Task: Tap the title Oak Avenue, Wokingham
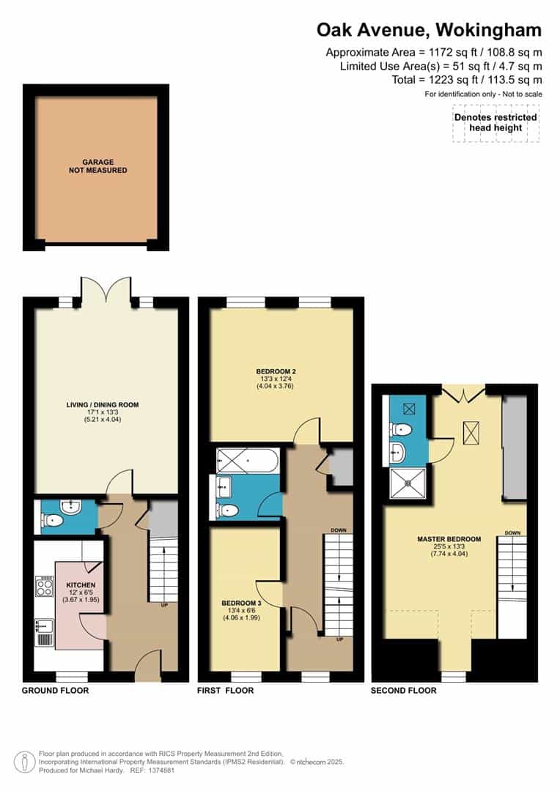[x=429, y=30]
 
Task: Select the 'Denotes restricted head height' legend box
[x=495, y=122]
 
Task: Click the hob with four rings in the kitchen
[x=44, y=587]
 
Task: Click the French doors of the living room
[x=107, y=289]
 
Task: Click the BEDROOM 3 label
[x=241, y=604]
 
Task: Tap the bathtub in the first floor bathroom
[x=247, y=461]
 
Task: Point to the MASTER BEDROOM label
[x=449, y=540]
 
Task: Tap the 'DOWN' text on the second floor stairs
[x=512, y=532]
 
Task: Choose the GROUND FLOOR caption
[x=56, y=691]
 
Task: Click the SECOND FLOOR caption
[x=403, y=691]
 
